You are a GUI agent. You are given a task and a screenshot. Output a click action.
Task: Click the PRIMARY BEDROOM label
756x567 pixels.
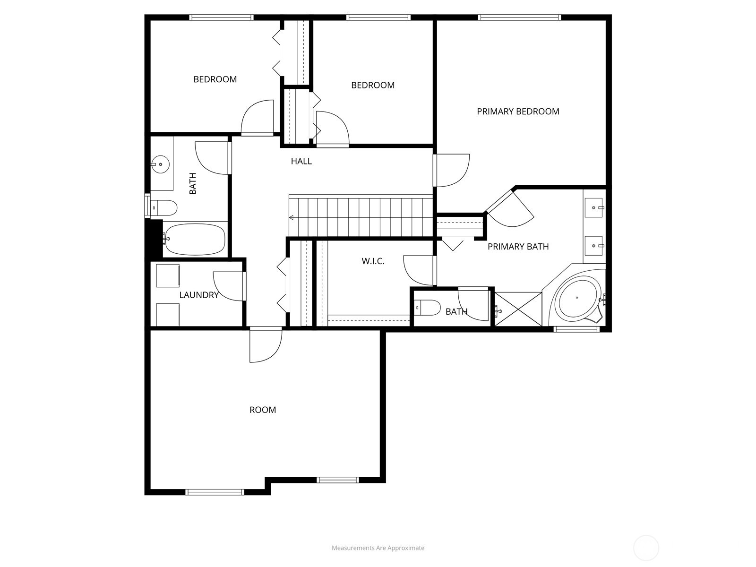[518, 112]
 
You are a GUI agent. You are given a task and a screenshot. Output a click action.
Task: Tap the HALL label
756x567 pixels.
[301, 161]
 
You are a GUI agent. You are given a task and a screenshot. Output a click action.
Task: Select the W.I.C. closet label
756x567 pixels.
[373, 261]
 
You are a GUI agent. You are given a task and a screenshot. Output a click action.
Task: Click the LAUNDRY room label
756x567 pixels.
[198, 295]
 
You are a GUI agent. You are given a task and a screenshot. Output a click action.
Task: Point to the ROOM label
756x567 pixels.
[263, 410]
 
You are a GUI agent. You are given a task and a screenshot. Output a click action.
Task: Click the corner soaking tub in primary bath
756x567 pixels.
[577, 298]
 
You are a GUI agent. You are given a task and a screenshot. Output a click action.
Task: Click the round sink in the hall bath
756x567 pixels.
[161, 164]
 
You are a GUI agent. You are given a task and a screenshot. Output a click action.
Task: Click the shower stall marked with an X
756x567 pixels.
[518, 309]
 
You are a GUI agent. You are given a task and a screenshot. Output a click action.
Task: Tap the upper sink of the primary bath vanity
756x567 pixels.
[593, 207]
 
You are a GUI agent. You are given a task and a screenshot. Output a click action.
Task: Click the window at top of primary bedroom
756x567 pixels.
[519, 18]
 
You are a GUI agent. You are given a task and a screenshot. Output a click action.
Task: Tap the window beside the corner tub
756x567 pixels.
[576, 329]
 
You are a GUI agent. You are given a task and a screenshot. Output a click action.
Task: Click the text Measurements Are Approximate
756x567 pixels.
[378, 548]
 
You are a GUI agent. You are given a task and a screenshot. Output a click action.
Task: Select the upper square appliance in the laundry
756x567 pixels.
[168, 275]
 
